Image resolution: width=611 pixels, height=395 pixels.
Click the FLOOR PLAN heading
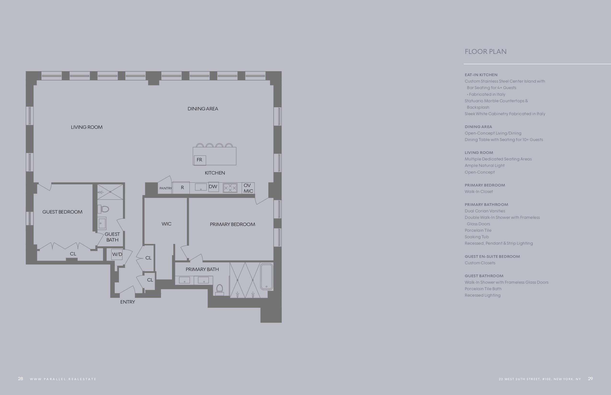click(x=485, y=51)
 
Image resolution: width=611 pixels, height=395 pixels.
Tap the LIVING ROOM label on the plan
click(x=87, y=127)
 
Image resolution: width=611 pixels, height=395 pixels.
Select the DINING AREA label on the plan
click(x=203, y=109)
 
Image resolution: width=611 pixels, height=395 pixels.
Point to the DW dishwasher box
click(x=213, y=186)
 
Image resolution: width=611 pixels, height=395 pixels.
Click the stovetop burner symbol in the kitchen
click(x=230, y=188)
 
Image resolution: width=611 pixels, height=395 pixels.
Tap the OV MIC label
click(x=248, y=188)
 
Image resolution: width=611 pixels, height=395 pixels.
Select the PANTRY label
click(x=166, y=188)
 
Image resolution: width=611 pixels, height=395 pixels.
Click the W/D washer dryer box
click(x=117, y=254)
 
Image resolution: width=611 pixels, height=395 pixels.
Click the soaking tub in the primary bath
click(x=266, y=277)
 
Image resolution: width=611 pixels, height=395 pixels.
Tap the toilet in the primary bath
click(x=219, y=290)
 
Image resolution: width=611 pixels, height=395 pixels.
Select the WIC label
click(x=167, y=224)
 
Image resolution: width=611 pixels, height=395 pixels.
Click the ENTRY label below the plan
click(x=127, y=302)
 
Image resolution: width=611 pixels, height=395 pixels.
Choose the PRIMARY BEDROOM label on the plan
click(x=232, y=225)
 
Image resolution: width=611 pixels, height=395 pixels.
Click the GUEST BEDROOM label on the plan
click(x=62, y=212)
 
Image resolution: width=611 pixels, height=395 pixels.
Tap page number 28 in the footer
click(x=20, y=378)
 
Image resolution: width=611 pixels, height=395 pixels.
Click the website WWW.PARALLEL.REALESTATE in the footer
click(x=63, y=379)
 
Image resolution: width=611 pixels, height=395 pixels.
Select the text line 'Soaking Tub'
click(x=477, y=237)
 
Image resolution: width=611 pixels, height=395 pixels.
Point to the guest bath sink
click(x=102, y=223)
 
